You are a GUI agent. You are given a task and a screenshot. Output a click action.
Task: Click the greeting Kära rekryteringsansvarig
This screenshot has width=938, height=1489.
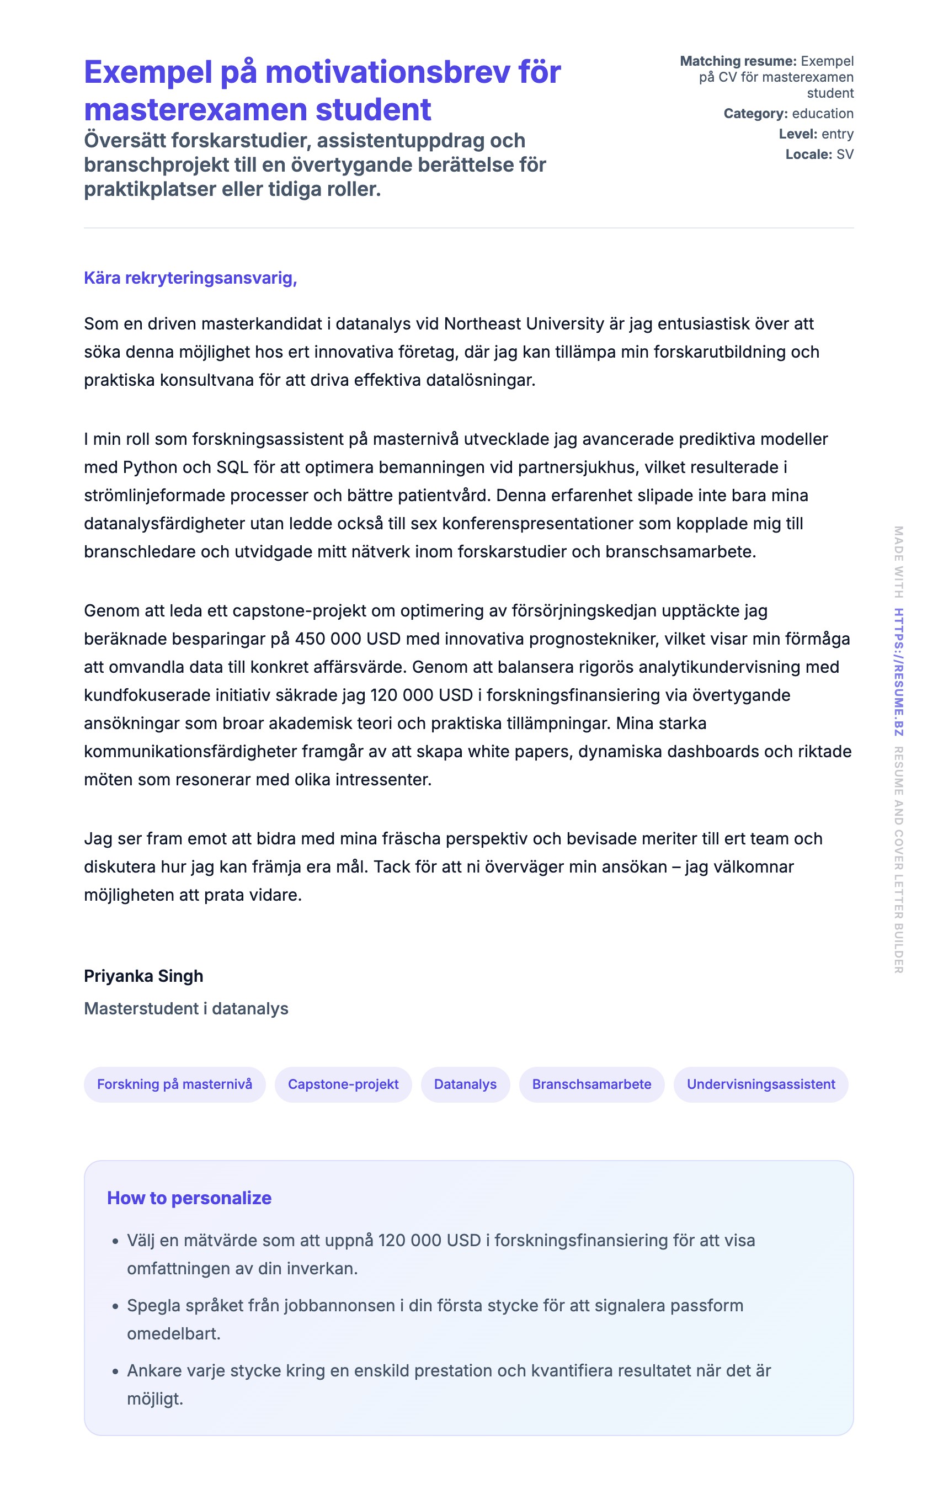tap(190, 278)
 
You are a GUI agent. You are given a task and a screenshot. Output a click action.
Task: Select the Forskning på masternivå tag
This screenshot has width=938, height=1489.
tap(174, 1084)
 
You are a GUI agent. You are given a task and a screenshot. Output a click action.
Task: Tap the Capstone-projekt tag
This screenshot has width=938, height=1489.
tap(343, 1084)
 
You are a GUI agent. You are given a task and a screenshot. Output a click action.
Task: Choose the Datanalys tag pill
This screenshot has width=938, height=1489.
tap(465, 1084)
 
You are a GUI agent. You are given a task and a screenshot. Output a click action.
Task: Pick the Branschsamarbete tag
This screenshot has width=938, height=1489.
tap(591, 1084)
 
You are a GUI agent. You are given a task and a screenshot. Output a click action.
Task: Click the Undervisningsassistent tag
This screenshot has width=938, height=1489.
tap(760, 1084)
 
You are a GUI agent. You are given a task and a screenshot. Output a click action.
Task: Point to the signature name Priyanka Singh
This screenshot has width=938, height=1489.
tap(143, 976)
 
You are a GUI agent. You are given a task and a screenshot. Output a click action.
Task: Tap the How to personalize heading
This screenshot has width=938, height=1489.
tap(189, 1198)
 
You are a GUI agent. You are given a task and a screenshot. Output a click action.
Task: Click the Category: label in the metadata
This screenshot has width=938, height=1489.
tap(755, 114)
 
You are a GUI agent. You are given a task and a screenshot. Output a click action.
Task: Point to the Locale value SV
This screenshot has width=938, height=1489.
tap(845, 155)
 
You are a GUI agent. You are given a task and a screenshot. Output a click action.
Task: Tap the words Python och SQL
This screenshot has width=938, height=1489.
tap(185, 467)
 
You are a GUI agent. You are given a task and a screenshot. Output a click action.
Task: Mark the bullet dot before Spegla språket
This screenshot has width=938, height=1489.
tap(115, 1306)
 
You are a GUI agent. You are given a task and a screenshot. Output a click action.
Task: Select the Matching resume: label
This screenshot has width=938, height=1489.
tap(738, 61)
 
